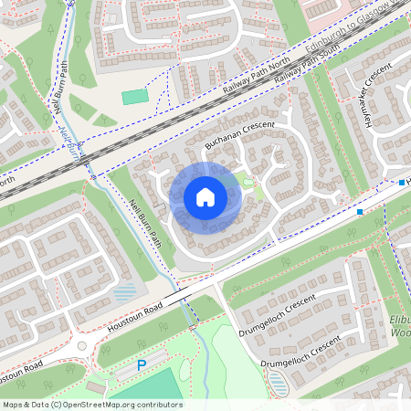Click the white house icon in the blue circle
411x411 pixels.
(x=205, y=197)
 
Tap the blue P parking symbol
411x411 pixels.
(x=142, y=365)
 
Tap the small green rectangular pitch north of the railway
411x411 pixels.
(x=134, y=96)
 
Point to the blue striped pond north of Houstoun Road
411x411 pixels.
(x=124, y=294)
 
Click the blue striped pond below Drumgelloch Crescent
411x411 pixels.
(x=279, y=387)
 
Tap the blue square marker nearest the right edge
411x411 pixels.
(x=402, y=183)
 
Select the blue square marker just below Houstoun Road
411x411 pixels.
(x=360, y=212)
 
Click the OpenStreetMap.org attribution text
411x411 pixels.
(x=91, y=405)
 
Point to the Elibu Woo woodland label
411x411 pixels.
(x=395, y=328)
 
